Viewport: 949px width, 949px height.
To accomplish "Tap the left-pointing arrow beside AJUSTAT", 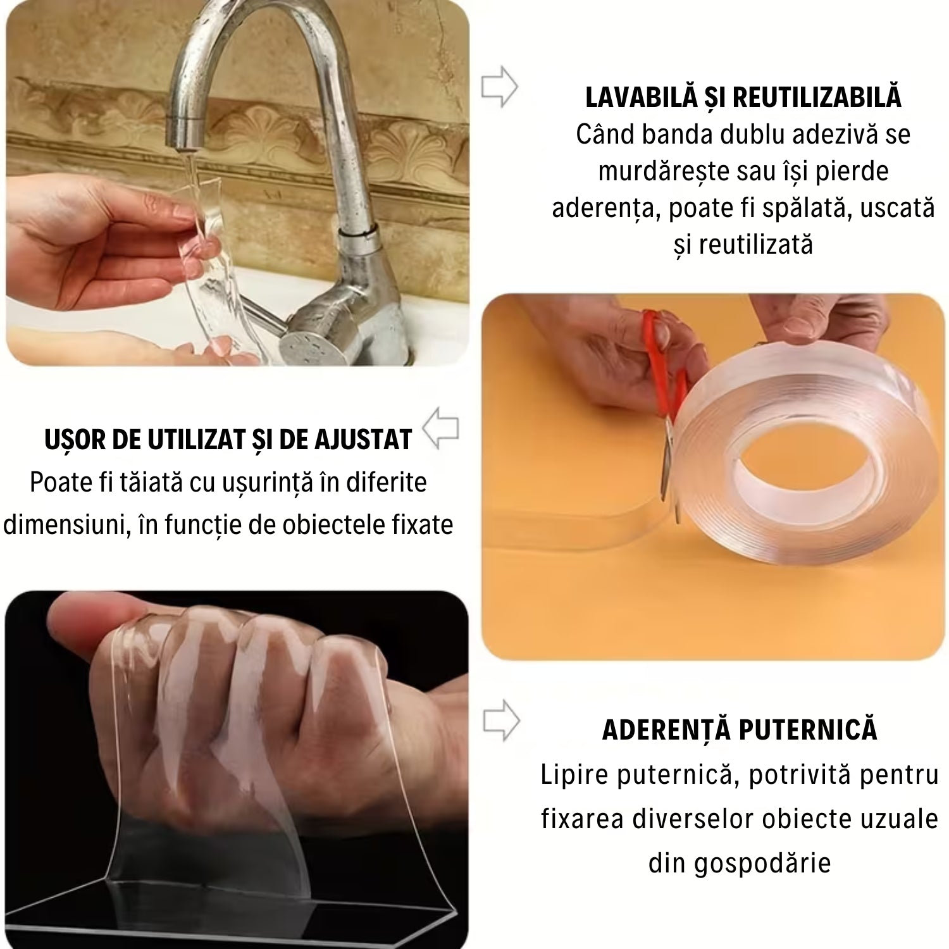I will point(441,428).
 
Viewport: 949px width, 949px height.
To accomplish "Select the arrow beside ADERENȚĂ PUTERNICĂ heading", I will point(501,720).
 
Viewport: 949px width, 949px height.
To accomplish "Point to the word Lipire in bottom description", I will point(573,774).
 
